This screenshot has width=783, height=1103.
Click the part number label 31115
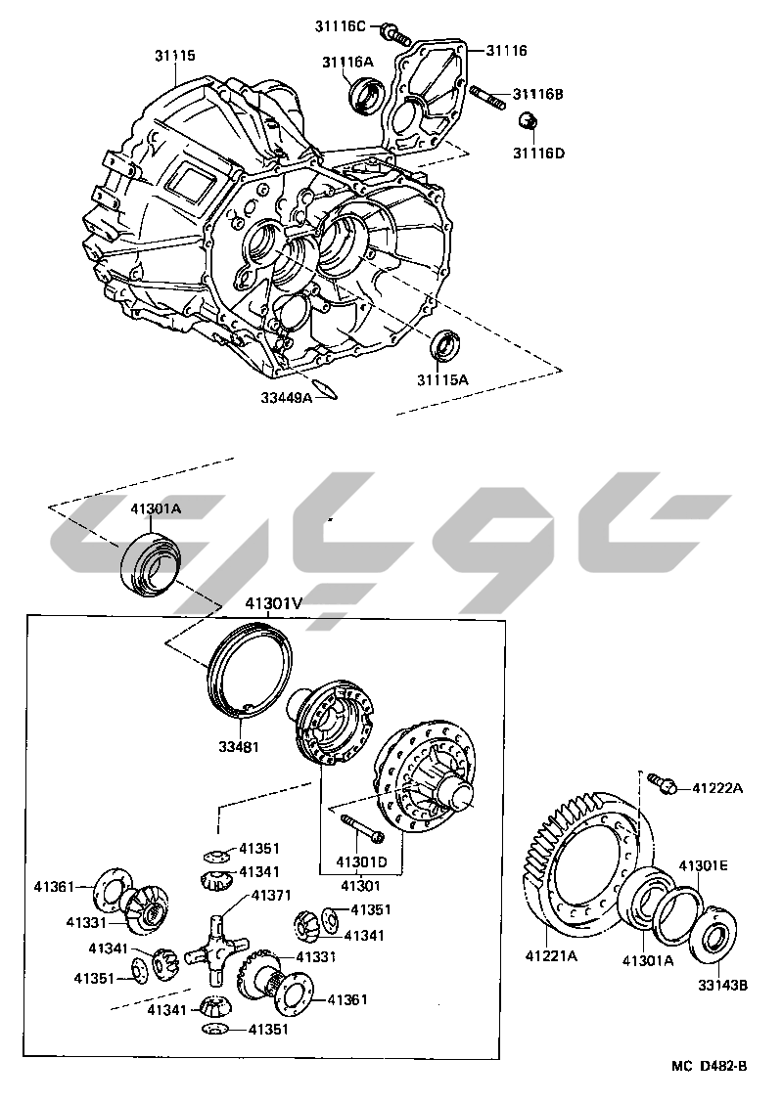pyautogui.click(x=175, y=56)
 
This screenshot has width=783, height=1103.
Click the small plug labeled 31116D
pyautogui.click(x=528, y=122)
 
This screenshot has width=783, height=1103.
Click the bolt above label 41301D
pyautogui.click(x=363, y=828)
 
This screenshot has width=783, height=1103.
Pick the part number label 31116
pyautogui.click(x=506, y=49)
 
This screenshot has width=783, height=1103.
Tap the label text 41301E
pyautogui.click(x=704, y=865)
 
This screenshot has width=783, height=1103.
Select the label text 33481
pyautogui.click(x=238, y=748)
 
